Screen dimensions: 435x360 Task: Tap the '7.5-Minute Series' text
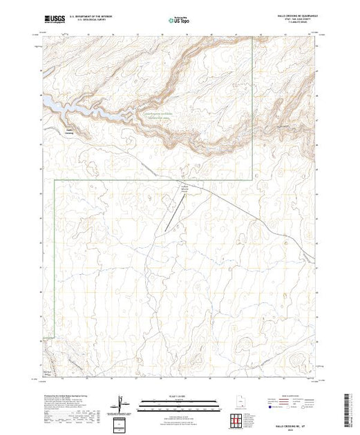pos(296,24)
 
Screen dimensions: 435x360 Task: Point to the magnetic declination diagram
pos(122,403)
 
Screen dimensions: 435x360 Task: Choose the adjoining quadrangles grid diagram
pos(237,420)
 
